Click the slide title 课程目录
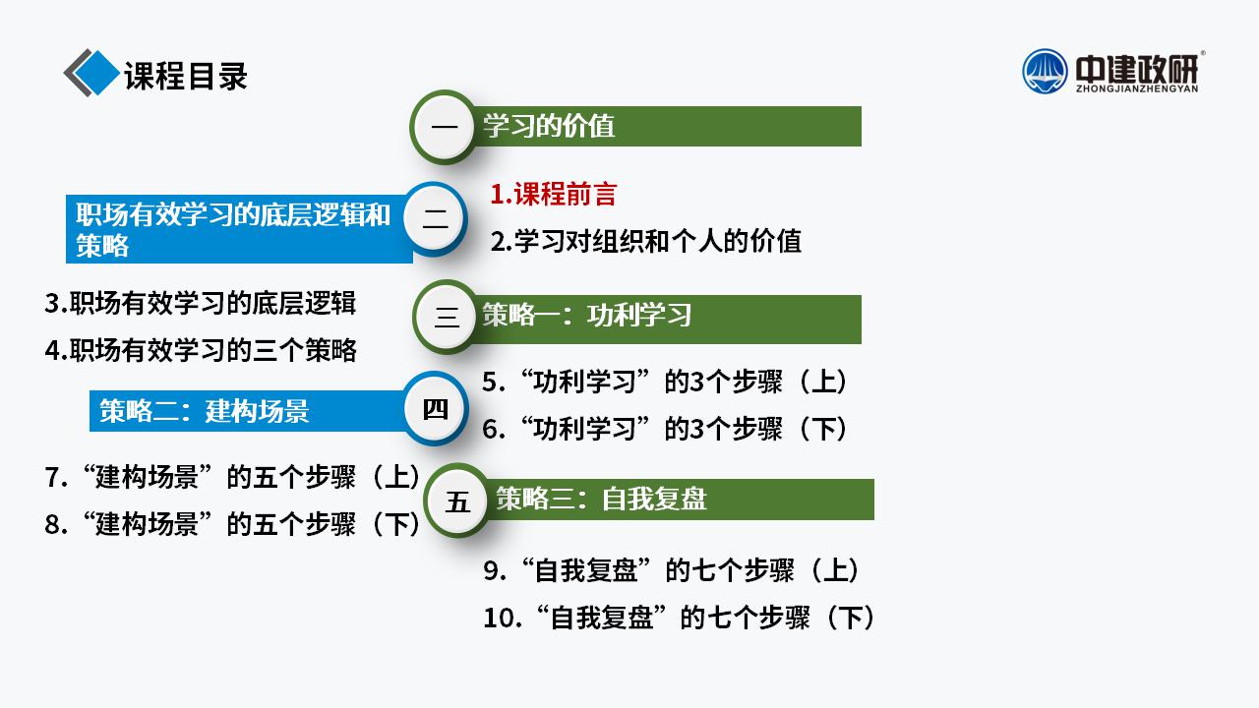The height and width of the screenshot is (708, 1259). click(186, 76)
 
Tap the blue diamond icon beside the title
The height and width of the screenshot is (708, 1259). click(96, 73)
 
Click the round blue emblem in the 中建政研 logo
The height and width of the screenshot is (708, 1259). click(1045, 72)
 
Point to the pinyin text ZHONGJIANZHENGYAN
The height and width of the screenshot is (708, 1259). click(1137, 88)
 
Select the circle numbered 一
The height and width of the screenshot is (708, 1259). click(444, 127)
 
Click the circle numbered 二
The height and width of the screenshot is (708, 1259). click(435, 219)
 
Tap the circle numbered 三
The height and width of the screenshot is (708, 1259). click(447, 317)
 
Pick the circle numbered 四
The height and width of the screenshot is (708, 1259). click(435, 409)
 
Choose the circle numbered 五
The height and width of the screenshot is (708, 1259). click(457, 501)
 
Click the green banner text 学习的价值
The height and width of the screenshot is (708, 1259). click(549, 125)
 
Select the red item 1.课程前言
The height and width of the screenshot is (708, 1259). click(554, 195)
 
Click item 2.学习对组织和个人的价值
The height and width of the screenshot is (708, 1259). click(646, 241)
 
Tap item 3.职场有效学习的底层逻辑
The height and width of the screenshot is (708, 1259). click(200, 303)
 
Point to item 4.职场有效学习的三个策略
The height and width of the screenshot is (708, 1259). click(201, 350)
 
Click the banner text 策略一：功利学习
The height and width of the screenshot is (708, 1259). click(587, 315)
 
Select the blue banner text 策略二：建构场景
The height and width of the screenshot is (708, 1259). click(205, 411)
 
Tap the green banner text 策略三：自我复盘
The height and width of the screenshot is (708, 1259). click(601, 499)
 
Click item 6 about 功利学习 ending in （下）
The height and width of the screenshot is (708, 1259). click(665, 429)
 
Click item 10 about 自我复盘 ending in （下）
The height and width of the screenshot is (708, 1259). click(679, 618)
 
